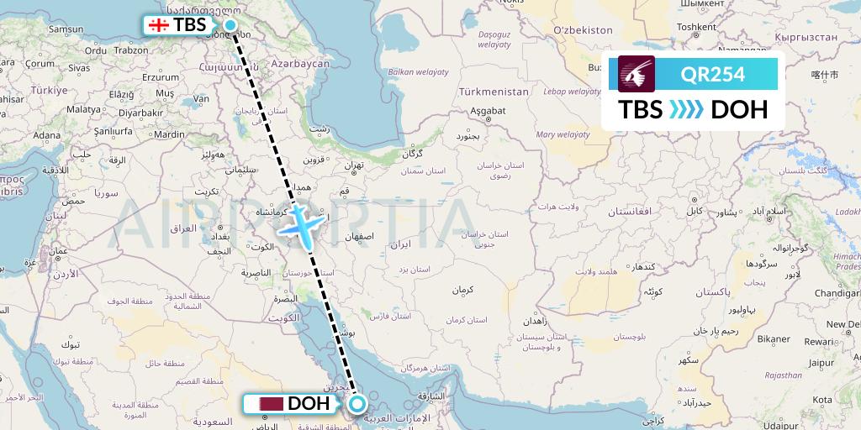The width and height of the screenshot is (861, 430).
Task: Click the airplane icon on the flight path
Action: point(301,224)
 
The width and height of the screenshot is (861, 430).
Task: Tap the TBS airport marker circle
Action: point(230,24)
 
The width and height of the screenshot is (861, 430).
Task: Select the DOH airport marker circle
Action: point(357,404)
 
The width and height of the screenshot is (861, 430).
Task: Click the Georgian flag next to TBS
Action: point(157,25)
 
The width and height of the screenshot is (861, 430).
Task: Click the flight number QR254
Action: point(713,74)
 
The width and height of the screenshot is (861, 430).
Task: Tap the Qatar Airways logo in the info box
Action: point(637,74)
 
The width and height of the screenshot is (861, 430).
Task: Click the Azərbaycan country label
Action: point(300,64)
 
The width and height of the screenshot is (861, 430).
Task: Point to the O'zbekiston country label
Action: point(583,30)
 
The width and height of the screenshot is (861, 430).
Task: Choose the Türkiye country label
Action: point(50,90)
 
